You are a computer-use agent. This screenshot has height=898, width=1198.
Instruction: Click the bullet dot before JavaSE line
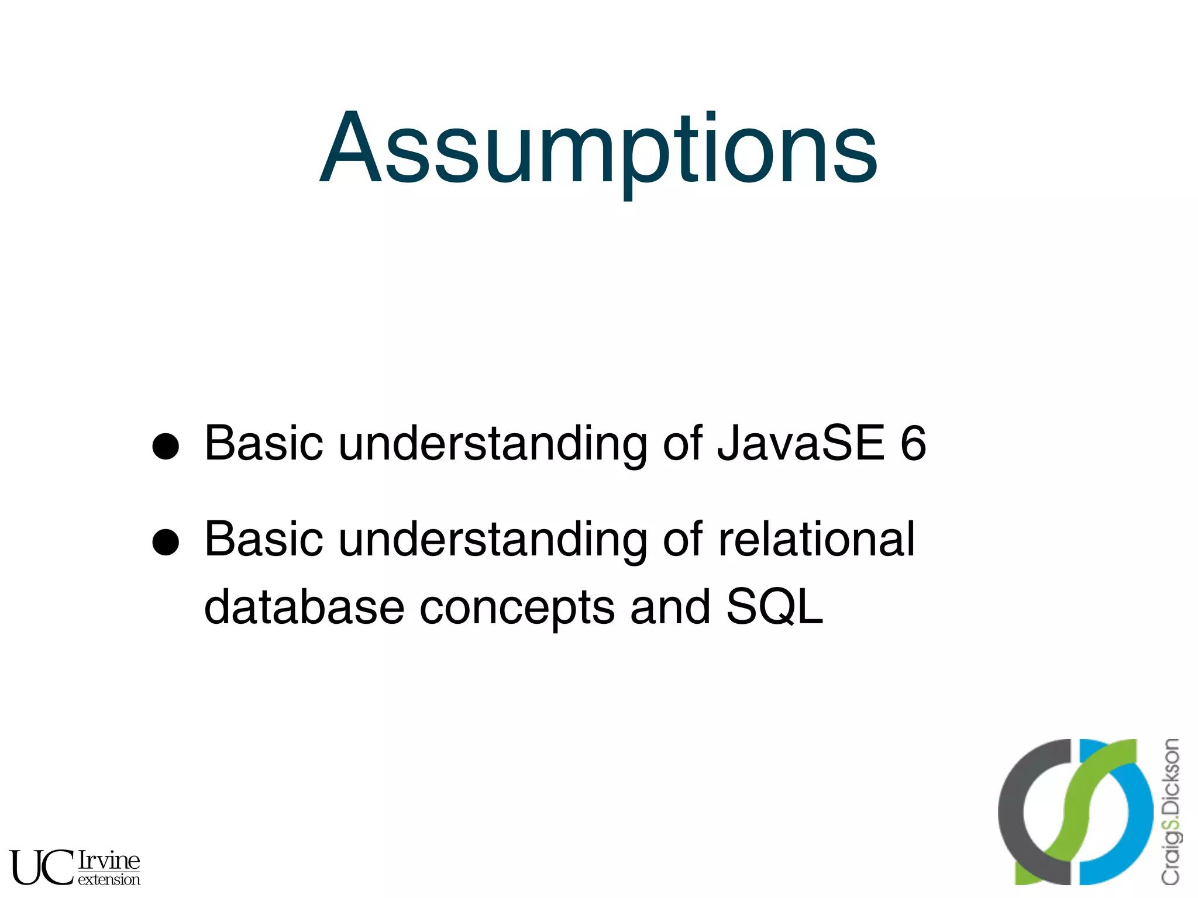(x=165, y=447)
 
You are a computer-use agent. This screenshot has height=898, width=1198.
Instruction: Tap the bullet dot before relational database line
(x=165, y=542)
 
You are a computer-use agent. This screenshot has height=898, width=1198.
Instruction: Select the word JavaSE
(x=800, y=443)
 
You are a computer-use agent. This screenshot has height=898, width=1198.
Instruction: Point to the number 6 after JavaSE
(x=912, y=443)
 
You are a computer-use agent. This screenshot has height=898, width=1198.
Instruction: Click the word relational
(x=815, y=539)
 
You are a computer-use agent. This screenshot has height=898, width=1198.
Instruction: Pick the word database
(x=304, y=606)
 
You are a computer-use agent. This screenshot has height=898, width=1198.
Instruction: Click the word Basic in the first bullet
(x=263, y=443)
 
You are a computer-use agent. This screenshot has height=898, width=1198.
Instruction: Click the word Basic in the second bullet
(x=263, y=539)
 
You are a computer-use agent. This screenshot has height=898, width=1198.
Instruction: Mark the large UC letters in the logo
(x=41, y=867)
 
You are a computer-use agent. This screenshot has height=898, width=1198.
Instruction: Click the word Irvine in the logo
(x=109, y=860)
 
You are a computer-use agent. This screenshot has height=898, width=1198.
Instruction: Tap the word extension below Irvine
(x=109, y=879)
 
